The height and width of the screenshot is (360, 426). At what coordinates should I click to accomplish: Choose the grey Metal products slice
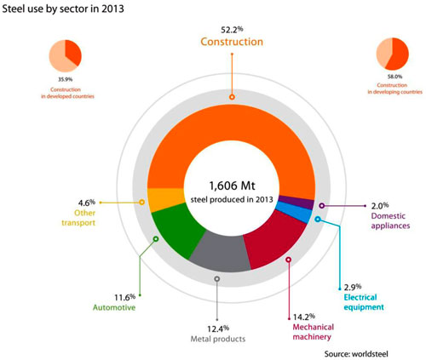click(217, 252)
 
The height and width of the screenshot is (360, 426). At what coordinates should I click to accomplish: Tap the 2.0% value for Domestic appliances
click(381, 205)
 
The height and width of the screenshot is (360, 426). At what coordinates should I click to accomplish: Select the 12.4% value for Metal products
click(217, 328)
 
